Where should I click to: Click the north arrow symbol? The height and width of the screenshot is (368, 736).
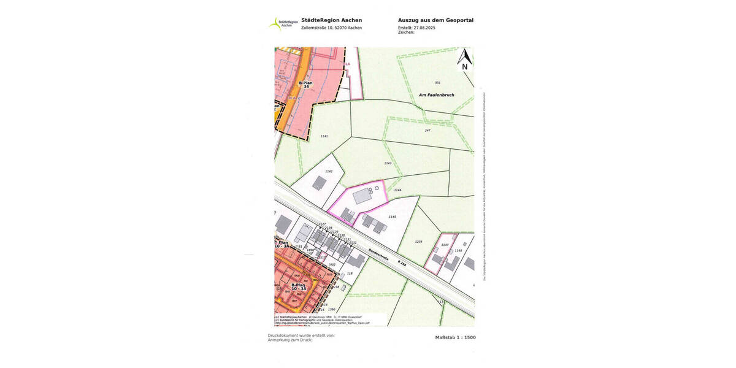click(x=464, y=59)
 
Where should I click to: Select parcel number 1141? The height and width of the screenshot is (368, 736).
click(x=324, y=136)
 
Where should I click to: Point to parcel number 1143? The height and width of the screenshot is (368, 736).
click(x=388, y=163)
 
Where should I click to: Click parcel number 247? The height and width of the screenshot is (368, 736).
click(x=427, y=131)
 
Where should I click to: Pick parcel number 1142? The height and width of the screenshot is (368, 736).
click(x=329, y=171)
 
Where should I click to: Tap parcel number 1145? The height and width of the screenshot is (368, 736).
click(x=393, y=217)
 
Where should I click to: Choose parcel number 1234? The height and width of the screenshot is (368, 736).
click(x=418, y=242)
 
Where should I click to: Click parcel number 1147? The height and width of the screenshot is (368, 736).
click(x=445, y=245)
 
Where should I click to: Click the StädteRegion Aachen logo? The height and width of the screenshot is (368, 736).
click(x=283, y=24)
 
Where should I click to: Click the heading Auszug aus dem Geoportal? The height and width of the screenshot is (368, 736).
click(x=435, y=20)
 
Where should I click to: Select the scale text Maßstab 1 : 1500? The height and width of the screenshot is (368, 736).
click(x=455, y=337)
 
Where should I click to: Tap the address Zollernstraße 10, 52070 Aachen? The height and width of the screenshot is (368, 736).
click(x=331, y=28)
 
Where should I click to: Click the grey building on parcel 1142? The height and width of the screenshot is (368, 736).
click(x=320, y=183)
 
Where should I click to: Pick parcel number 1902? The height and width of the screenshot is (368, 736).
click(x=332, y=264)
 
